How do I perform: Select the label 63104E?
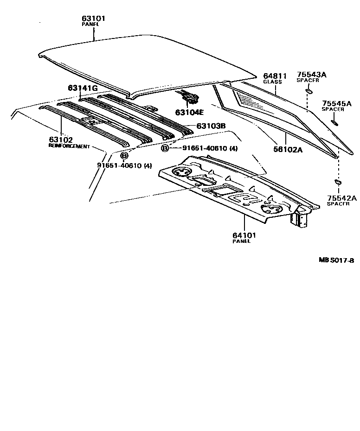[x=189, y=112]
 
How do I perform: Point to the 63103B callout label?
[x=211, y=126]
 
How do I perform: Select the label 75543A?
[x=312, y=75]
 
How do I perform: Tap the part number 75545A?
[x=337, y=103]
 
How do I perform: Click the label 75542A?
[x=341, y=198]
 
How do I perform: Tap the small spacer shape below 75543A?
[x=308, y=91]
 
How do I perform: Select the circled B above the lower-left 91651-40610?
[x=124, y=155]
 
